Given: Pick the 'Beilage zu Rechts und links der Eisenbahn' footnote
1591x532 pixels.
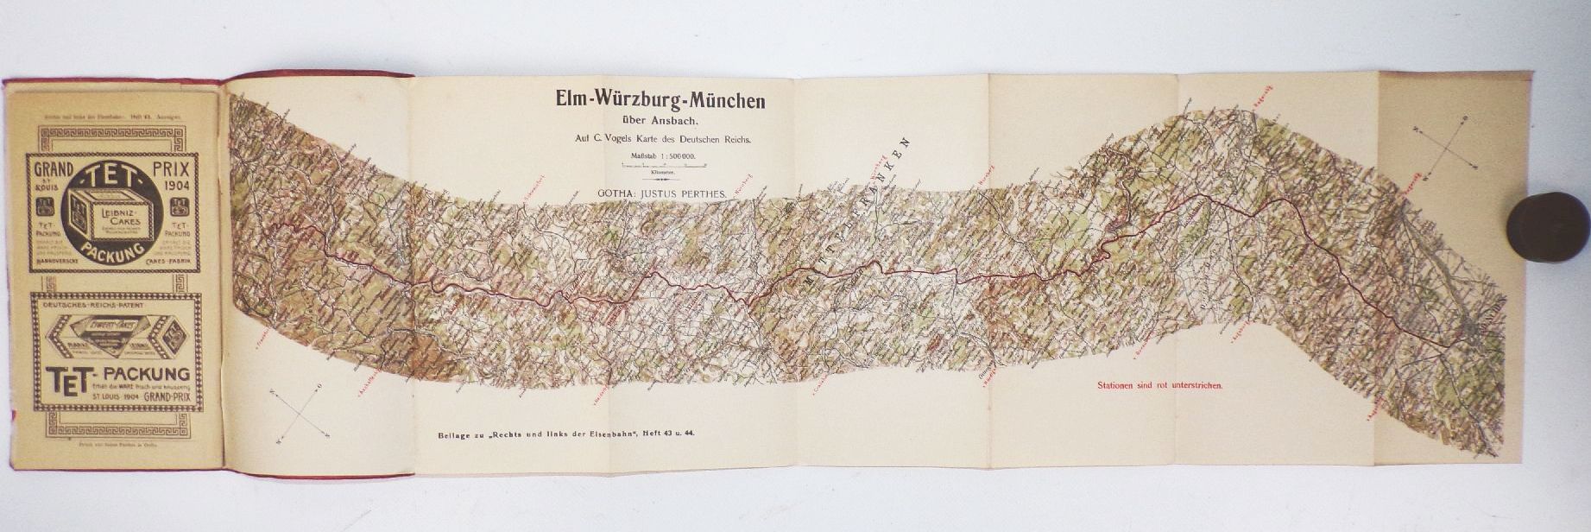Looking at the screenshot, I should pyautogui.click(x=566, y=434).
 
